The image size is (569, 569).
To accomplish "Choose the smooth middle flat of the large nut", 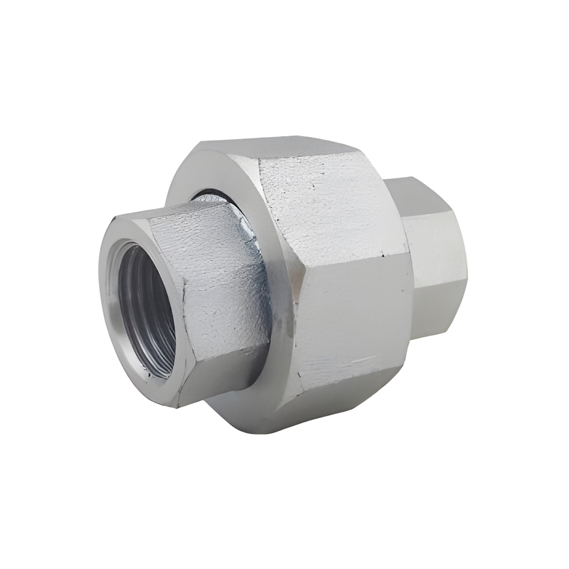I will (353, 319).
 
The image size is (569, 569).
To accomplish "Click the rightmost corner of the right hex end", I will (467, 279).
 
